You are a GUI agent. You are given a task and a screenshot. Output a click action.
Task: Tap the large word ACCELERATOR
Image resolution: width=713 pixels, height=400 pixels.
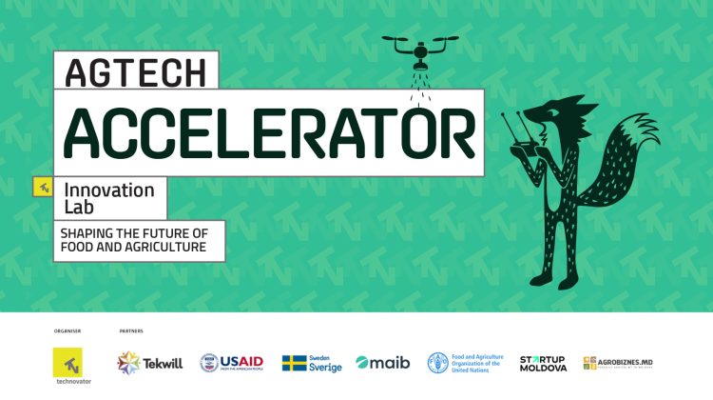tap(269, 132)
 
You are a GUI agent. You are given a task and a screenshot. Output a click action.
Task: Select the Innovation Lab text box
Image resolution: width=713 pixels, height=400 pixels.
tap(108, 197)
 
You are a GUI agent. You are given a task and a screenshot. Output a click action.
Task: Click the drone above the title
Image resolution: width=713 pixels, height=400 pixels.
tap(418, 49)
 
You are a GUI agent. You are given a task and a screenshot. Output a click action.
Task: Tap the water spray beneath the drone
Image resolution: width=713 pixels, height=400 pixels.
tap(418, 86)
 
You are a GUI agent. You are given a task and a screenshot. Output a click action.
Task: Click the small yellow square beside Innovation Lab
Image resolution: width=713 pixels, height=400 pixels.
tap(42, 187)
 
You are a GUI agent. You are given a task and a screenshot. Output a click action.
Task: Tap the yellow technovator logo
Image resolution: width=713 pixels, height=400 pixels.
tap(70, 363)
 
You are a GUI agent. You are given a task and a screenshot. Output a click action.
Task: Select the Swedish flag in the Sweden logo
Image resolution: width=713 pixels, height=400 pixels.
tap(294, 363)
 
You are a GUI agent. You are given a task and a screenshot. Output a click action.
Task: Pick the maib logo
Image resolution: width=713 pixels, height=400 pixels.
tap(382, 363)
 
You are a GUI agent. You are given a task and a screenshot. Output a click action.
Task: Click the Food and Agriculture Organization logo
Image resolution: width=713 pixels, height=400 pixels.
tap(466, 363)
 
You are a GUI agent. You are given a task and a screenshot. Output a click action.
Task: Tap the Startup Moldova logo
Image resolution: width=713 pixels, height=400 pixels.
tap(544, 363)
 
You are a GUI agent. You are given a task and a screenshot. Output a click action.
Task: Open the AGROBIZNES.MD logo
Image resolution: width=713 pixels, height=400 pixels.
tap(618, 363)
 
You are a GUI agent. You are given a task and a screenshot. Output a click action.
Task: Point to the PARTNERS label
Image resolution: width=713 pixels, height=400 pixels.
tap(130, 331)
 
